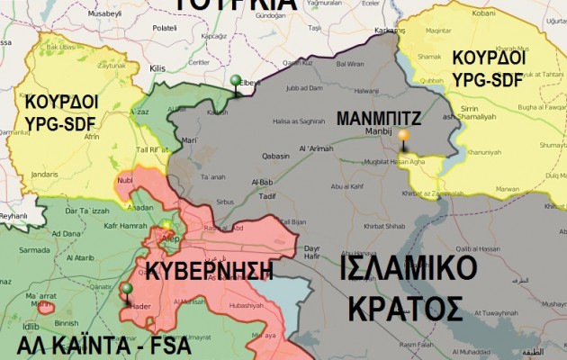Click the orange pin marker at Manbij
(x=403, y=138)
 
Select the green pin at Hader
(x=126, y=290)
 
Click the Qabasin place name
(x=274, y=155)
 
